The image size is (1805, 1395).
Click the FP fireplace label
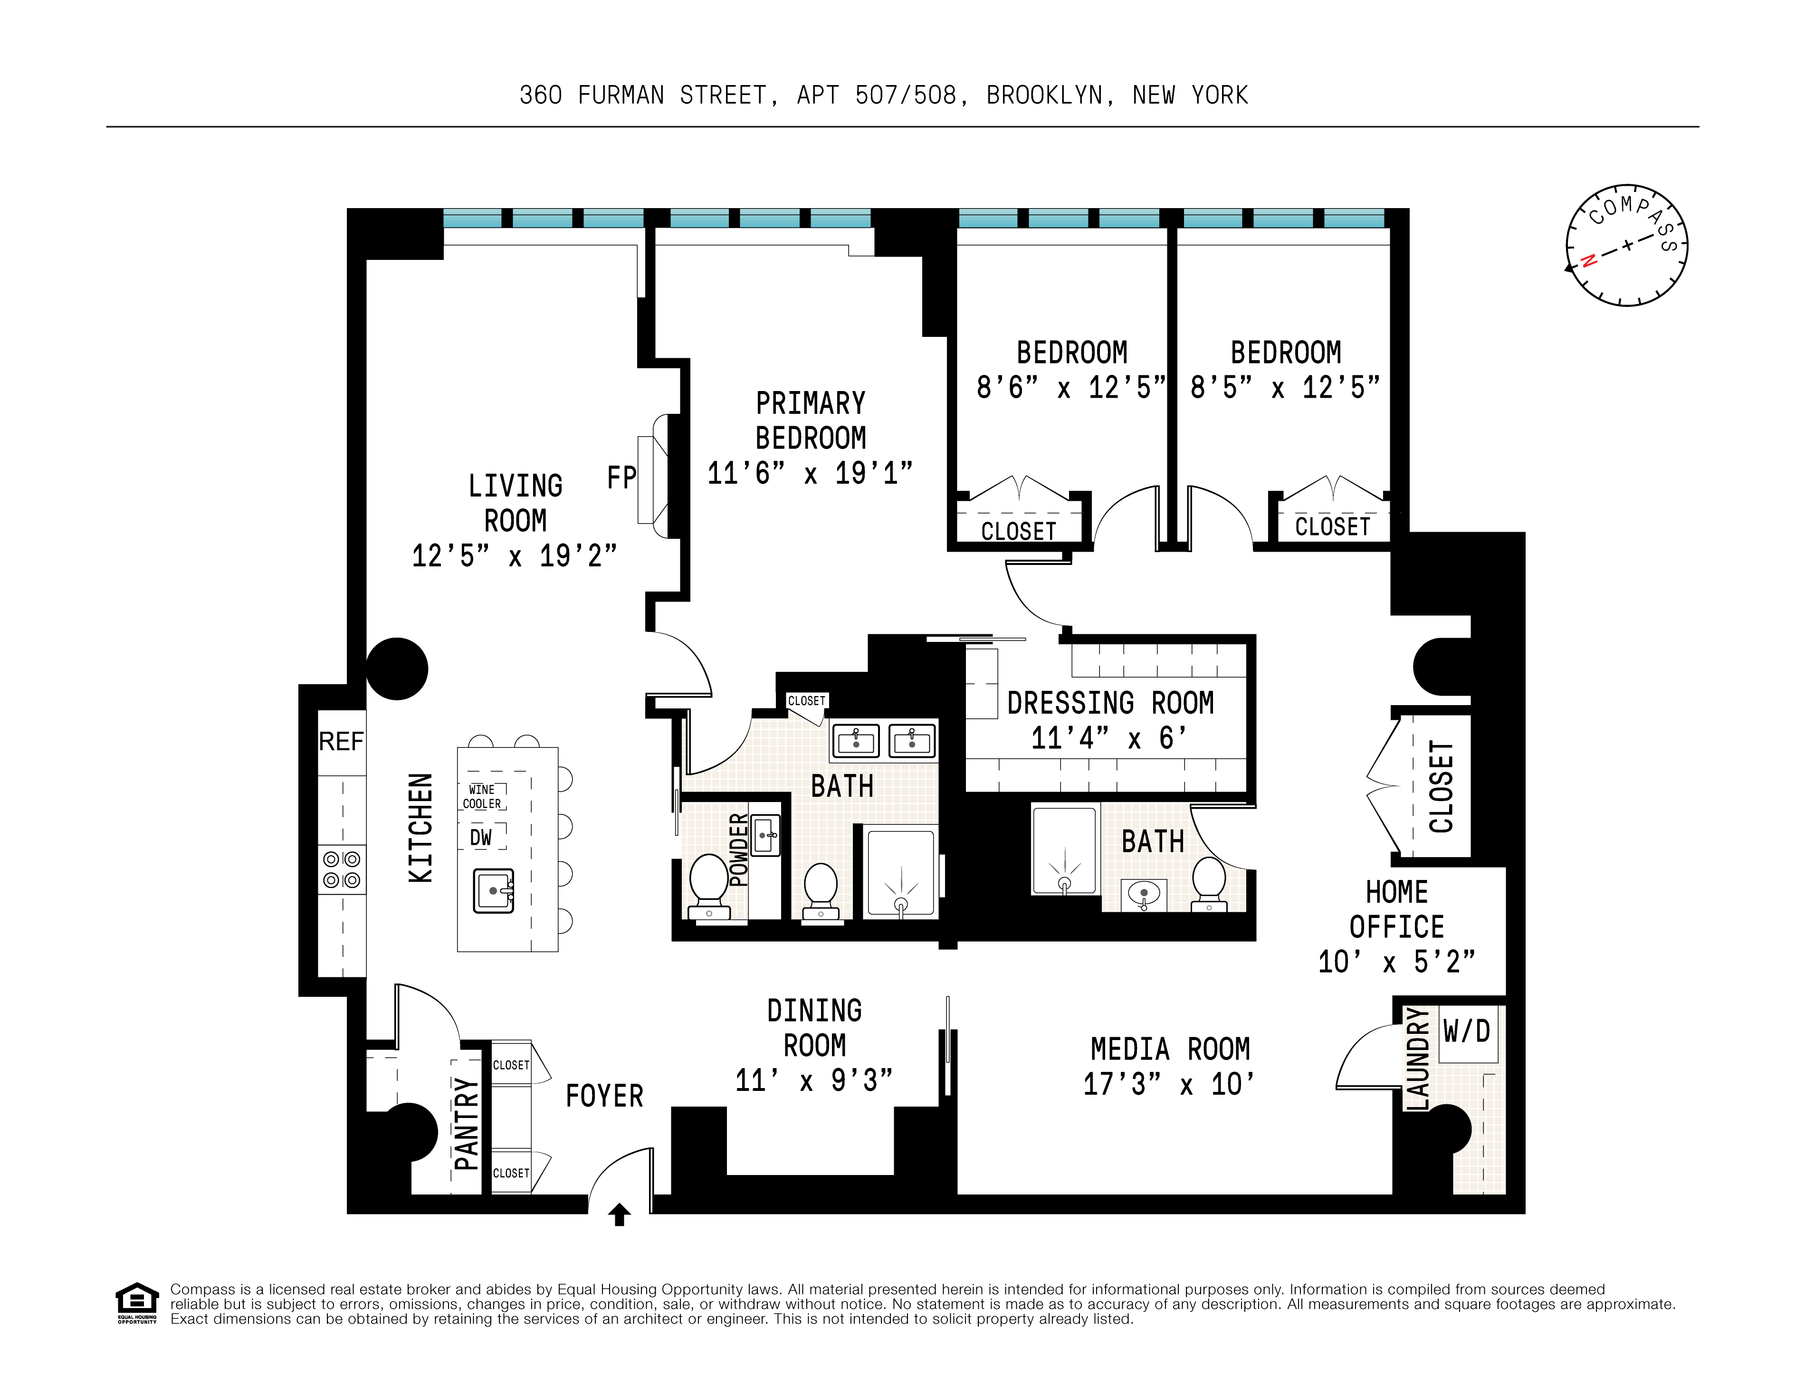[x=621, y=478]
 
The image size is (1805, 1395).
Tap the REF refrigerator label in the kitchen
[x=341, y=741]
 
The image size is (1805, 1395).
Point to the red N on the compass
[x=1588, y=261]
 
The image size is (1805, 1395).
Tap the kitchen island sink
[x=493, y=890]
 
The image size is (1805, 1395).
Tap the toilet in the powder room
[x=708, y=881]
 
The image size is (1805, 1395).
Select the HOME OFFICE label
[x=1397, y=909]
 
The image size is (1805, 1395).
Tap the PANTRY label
[x=466, y=1124]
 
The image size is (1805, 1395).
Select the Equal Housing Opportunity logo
[x=136, y=1302]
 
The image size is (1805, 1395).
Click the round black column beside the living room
[x=397, y=669]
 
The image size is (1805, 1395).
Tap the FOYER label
[x=604, y=1096]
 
